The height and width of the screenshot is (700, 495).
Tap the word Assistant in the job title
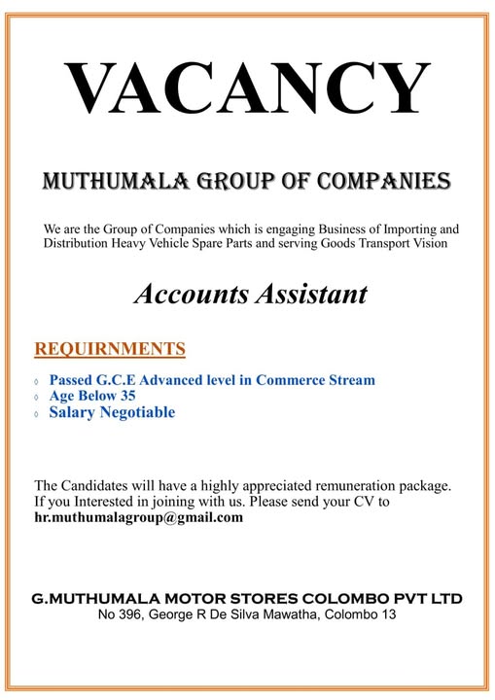pyautogui.click(x=308, y=294)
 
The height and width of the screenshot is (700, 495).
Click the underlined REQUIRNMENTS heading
pyautogui.click(x=110, y=348)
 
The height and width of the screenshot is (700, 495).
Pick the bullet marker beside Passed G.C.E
pyautogui.click(x=37, y=381)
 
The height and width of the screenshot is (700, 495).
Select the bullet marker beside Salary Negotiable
pyautogui.click(x=37, y=414)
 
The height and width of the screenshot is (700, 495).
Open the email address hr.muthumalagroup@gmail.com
pyautogui.click(x=139, y=517)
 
